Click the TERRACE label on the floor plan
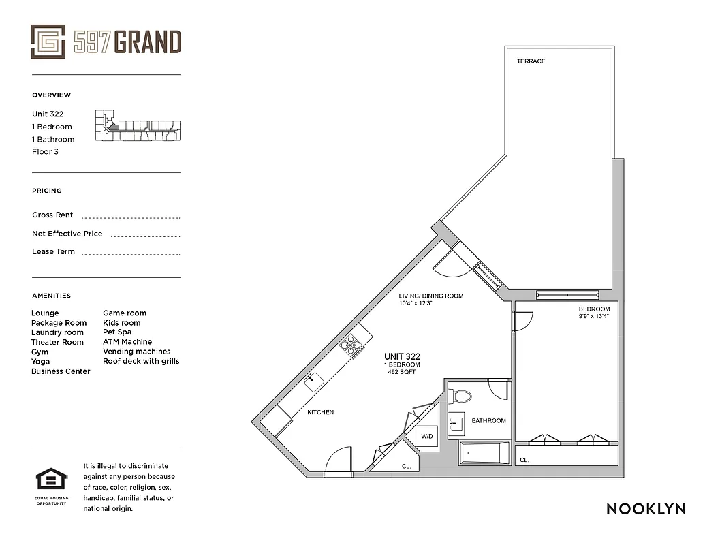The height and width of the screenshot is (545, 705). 531,61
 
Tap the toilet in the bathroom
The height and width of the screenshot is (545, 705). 463,396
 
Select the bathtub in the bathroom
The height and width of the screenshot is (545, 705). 484,454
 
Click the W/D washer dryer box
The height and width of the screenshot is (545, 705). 427,437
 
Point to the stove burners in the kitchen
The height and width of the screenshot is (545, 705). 352,346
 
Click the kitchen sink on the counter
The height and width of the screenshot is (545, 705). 314,381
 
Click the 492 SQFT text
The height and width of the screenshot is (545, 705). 402,372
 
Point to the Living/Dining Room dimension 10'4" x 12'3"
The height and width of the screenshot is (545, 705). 416,303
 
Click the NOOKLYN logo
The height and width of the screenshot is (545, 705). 646,509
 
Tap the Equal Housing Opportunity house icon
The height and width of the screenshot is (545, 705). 50,481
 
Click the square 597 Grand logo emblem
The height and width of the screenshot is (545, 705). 48,42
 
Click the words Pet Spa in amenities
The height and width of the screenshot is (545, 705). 117,332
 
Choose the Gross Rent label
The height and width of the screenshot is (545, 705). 52,215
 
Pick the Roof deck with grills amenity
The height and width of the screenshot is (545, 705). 141,361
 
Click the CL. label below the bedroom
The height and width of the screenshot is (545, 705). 524,461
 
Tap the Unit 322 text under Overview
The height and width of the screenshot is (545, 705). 48,114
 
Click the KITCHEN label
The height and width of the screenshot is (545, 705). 320,413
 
